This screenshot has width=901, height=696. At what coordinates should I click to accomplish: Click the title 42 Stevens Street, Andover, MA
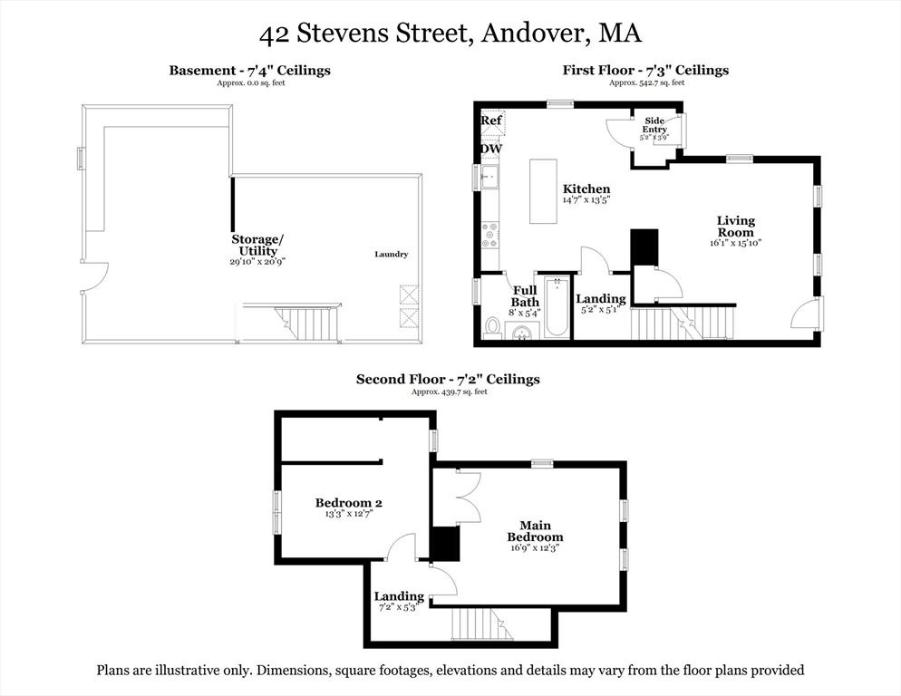point(450,34)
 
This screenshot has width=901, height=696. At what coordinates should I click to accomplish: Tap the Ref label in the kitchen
point(491,121)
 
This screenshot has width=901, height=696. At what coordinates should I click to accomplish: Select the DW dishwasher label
point(491,150)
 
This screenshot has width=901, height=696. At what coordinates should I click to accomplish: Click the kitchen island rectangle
point(543,191)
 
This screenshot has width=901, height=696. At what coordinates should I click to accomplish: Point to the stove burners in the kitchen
point(489,236)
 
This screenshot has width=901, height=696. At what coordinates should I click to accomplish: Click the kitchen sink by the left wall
point(489,176)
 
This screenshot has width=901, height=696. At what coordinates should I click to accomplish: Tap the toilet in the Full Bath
point(493,325)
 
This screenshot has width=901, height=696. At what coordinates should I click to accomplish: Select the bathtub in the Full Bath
point(557,306)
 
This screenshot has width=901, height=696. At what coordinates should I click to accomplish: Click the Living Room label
point(735,227)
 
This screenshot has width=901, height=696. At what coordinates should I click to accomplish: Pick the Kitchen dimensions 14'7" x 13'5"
point(586,199)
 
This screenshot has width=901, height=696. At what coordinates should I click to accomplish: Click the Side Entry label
point(654,125)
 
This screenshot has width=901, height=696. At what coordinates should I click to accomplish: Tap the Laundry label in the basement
point(392,255)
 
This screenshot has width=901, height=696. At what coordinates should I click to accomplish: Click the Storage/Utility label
point(257,245)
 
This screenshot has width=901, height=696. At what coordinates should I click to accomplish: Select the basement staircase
point(307,321)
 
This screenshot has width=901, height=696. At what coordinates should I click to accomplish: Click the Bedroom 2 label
point(348,503)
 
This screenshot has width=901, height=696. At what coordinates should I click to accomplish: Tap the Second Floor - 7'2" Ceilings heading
point(448,380)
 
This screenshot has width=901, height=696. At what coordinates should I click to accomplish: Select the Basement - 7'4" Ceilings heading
point(249,71)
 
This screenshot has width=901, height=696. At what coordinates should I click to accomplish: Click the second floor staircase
point(475,623)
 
